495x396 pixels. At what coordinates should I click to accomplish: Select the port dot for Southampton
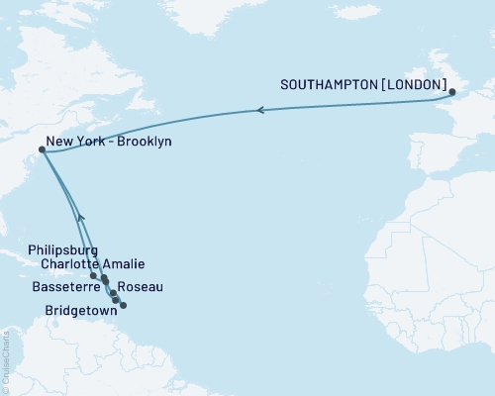[x=453, y=93]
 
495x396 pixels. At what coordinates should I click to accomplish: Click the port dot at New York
[x=41, y=150]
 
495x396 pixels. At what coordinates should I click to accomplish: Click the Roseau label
[x=143, y=287]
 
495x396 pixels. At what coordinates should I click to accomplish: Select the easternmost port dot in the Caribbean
[x=123, y=305]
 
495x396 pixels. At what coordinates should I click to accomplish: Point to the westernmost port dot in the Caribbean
[x=93, y=276]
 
